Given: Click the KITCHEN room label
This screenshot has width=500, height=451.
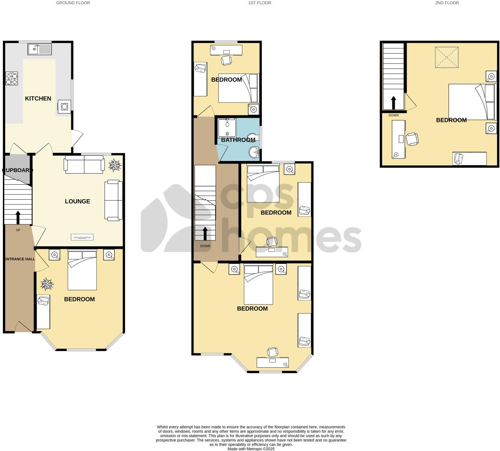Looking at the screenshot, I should click(x=38, y=98).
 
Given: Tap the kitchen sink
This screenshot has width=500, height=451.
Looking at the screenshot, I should click(x=39, y=49).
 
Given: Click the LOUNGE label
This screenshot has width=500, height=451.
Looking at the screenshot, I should click(x=77, y=201).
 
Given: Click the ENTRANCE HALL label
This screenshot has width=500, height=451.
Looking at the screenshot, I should click(x=20, y=259).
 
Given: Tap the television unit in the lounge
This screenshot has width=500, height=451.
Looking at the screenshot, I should click(x=82, y=237).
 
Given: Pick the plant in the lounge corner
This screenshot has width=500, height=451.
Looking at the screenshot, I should click(x=115, y=165).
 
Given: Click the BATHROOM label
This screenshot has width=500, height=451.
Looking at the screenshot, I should click(x=238, y=140).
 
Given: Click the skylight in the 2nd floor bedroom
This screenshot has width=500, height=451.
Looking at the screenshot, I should click(x=446, y=57).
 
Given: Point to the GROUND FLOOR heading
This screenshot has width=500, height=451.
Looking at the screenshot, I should click(x=73, y=3).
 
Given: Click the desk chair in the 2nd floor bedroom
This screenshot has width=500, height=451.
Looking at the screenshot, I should click(x=412, y=139).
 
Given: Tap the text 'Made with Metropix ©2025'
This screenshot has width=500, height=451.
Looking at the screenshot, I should click(x=251, y=449).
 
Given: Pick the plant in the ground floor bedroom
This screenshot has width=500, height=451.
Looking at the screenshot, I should click(x=47, y=284).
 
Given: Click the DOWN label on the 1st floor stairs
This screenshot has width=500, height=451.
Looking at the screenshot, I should click(x=205, y=246).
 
